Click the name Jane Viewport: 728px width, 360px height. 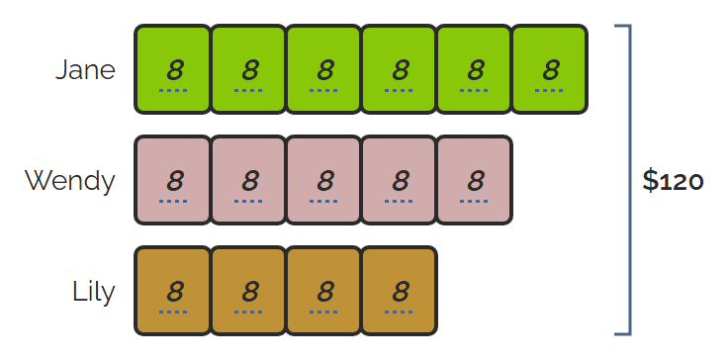click(85, 69)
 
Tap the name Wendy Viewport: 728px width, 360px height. click(69, 181)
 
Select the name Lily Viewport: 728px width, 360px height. click(94, 292)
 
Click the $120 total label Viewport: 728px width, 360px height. click(673, 181)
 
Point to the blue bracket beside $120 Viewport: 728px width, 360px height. click(630, 180)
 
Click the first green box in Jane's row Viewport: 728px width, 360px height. click(173, 69)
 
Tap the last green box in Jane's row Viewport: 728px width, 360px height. click(550, 69)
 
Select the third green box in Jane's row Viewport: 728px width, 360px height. click(323, 69)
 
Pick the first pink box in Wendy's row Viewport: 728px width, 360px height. click(173, 180)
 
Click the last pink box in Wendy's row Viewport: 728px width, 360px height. click(475, 180)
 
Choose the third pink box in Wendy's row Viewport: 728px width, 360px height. click(323, 180)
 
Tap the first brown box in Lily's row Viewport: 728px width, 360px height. click(173, 291)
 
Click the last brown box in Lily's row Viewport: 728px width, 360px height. click(400, 291)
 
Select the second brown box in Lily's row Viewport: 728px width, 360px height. click(248, 291)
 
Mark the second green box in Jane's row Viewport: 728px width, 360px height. click(248, 69)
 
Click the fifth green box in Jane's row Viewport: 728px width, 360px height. click(475, 69)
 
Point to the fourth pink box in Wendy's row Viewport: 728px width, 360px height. click(400, 180)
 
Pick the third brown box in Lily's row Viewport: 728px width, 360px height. click(323, 291)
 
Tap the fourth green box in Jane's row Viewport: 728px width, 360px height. click(400, 69)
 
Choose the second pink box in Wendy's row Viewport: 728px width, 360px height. click(248, 180)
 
